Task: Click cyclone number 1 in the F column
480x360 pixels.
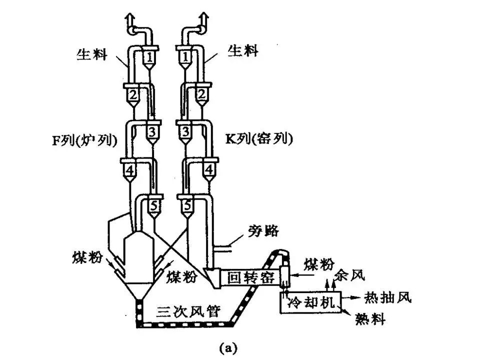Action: tap(149, 56)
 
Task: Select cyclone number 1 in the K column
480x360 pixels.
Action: tap(185, 56)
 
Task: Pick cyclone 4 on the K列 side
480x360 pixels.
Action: tap(208, 170)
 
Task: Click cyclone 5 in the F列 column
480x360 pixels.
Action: tap(153, 204)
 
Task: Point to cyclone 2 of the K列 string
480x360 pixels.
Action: tap(201, 94)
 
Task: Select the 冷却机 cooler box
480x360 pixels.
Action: tap(310, 302)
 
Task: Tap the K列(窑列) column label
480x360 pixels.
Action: tap(258, 139)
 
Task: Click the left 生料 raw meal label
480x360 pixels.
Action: tap(92, 53)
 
